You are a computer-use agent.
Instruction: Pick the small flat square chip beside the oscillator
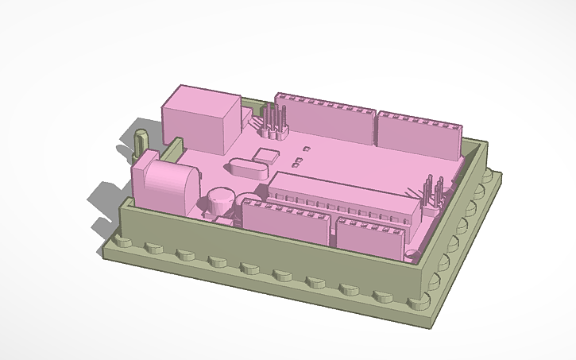[268, 155]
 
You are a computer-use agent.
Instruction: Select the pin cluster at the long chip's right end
[432, 193]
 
